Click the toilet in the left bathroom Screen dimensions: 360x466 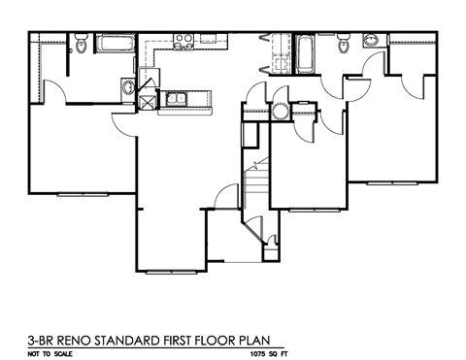(83, 45)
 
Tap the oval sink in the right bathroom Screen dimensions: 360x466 (370, 41)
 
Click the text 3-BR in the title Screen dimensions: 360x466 (44, 341)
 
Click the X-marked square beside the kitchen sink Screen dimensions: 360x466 (148, 97)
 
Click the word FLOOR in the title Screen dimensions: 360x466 (221, 341)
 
